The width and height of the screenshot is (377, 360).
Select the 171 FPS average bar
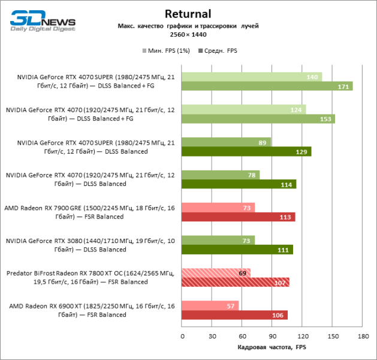click(x=267, y=86)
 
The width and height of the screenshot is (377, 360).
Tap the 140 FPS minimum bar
click(x=252, y=77)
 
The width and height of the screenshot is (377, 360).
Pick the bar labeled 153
click(x=258, y=119)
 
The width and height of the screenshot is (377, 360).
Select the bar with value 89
click(x=226, y=142)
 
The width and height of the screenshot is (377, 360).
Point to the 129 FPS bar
click(x=246, y=151)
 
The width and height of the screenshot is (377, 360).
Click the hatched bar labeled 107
click(x=236, y=282)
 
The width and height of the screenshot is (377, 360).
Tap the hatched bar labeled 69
click(x=216, y=273)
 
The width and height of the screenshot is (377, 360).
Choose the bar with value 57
click(x=210, y=306)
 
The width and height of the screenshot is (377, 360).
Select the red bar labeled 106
click(x=234, y=315)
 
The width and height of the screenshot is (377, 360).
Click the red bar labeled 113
click(x=238, y=217)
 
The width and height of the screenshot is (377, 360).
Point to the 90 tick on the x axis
click(x=273, y=336)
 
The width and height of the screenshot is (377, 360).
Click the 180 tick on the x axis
click(x=363, y=336)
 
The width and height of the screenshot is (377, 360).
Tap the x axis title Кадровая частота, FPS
click(x=272, y=347)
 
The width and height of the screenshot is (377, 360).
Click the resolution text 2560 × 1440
click(x=188, y=35)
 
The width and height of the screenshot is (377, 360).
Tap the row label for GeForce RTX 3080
click(x=90, y=245)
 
